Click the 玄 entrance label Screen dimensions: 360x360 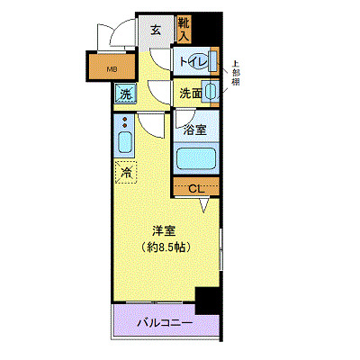[x=155, y=30]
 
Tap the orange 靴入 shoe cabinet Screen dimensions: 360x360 [x=184, y=30]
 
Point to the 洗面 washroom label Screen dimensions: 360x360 [x=189, y=92]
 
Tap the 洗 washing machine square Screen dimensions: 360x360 [x=123, y=92]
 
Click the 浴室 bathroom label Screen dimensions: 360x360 [x=195, y=129]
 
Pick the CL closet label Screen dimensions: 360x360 [x=197, y=188]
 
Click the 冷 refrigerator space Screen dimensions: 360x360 [x=124, y=171]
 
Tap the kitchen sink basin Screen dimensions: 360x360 [x=124, y=143]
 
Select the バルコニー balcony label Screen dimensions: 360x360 [x=165, y=321]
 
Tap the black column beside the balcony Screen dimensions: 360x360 [x=207, y=300]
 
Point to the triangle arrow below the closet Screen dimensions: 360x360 [x=205, y=207]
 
